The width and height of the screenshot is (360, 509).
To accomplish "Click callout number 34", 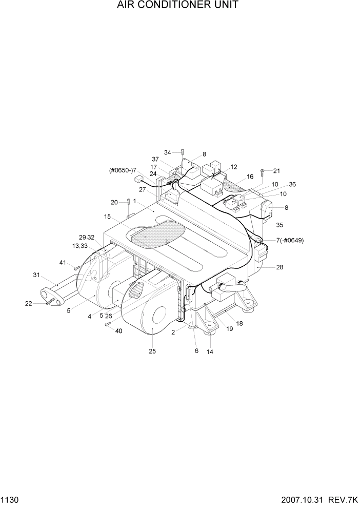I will click(168, 152).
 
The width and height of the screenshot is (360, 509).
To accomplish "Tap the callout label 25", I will click(152, 351).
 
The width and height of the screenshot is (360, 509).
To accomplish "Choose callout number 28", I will click(279, 267).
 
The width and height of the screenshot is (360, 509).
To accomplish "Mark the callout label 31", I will click(36, 275).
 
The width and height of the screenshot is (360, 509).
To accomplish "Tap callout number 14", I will click(210, 352).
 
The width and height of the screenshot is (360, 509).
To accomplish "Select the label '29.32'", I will click(86, 237).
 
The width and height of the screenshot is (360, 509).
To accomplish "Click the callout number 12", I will click(234, 167).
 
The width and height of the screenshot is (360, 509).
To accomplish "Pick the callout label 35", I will click(279, 225).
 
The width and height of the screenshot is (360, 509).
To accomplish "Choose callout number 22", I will click(29, 304).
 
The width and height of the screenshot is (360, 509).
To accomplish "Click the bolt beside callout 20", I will click(128, 202).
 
